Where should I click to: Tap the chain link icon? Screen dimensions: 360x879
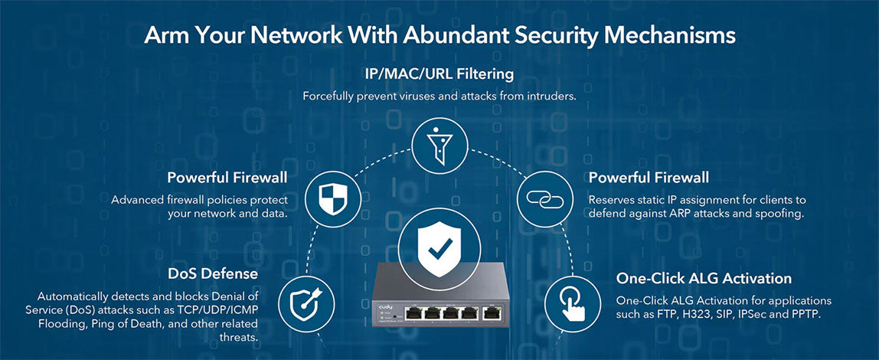(545, 198)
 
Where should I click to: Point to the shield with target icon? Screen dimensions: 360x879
(305, 303)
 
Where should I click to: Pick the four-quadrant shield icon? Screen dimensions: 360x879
(332, 198)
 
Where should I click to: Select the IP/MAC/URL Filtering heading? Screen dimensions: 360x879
(439, 74)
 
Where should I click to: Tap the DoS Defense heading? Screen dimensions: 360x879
(213, 273)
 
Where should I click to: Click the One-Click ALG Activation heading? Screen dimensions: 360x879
(704, 278)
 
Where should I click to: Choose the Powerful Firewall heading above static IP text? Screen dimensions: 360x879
(649, 178)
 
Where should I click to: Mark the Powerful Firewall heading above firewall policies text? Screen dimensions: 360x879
(227, 178)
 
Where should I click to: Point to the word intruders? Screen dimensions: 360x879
(550, 97)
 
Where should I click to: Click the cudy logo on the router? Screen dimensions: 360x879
(385, 306)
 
